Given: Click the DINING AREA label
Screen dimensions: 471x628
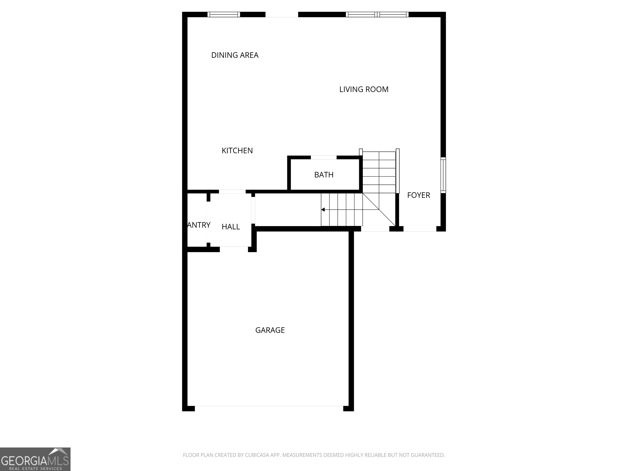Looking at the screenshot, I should coord(235,55).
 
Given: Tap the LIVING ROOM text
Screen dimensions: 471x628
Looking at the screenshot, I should coord(364,89).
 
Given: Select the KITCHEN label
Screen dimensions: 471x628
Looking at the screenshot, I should coord(237,150).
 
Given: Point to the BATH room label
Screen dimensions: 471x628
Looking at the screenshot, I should coord(324,175).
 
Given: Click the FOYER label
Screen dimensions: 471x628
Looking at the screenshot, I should coord(418,195).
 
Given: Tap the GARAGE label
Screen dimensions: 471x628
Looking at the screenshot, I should coord(270,330).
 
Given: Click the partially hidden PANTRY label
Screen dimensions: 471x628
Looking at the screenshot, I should coord(199,225).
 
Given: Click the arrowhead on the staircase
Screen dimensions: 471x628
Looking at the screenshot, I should coord(323,210).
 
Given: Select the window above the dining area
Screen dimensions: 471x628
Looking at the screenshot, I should coord(223,15).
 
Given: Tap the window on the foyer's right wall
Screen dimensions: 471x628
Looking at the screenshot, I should coord(443,175).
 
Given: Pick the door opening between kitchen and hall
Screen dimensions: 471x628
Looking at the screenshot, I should coord(232,192).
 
